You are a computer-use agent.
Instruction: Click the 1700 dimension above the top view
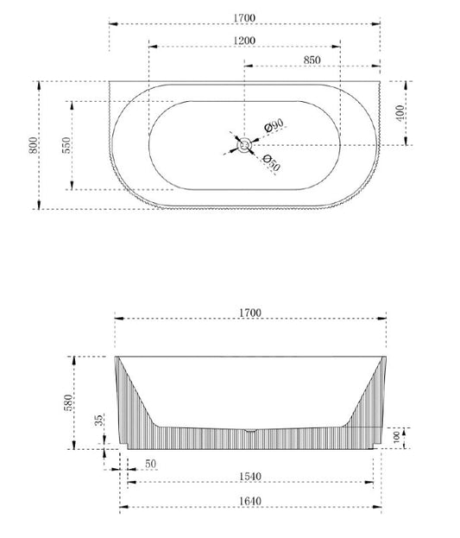point(245,16)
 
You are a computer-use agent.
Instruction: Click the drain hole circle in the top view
point(246,145)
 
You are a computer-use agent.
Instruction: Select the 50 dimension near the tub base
point(151,465)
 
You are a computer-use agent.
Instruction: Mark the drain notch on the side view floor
point(249,429)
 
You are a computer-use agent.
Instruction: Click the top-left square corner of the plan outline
point(110,81)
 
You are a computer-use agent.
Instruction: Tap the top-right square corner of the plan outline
point(381,81)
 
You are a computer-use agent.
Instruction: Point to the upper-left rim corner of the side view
point(116,355)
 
